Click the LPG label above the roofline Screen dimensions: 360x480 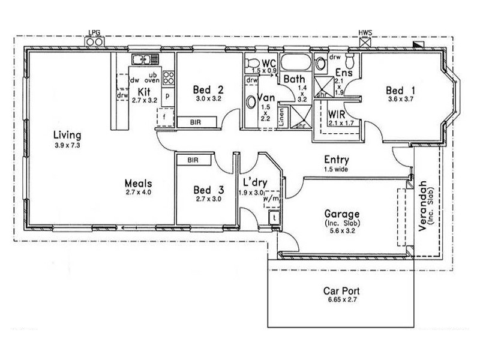point(95,34)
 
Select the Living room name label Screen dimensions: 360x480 point(67,134)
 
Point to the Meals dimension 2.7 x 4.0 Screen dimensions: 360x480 point(139,193)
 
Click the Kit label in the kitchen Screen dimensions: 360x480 point(143,91)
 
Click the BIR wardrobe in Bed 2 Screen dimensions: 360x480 point(195,122)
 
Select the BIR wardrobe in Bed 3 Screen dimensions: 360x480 point(193,161)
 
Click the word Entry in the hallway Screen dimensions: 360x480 point(337,160)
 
